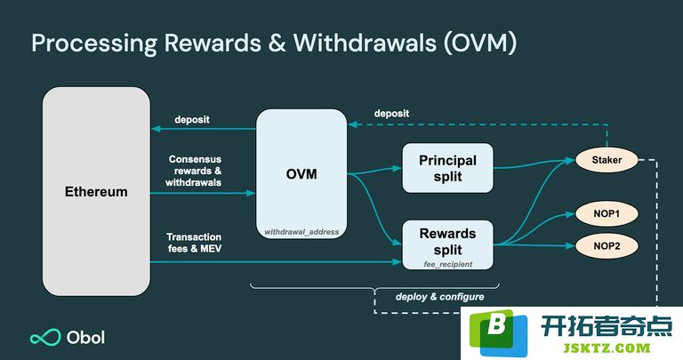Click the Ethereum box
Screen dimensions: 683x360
pyautogui.click(x=96, y=191)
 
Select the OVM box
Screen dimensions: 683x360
pyautogui.click(x=301, y=173)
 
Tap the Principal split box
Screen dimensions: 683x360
pyautogui.click(x=448, y=168)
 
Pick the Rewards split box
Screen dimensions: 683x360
pyautogui.click(x=448, y=244)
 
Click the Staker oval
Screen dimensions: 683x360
pyautogui.click(x=607, y=160)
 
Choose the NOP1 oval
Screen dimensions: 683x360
pyautogui.click(x=607, y=213)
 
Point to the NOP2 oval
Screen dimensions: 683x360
pyautogui.click(x=607, y=246)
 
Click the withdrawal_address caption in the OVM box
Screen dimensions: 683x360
pyautogui.click(x=301, y=232)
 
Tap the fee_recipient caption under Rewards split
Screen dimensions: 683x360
pyautogui.click(x=448, y=264)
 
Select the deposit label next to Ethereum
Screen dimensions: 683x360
pyautogui.click(x=192, y=120)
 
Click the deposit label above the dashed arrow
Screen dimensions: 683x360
pyautogui.click(x=391, y=114)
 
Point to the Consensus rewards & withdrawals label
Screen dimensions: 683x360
pyautogui.click(x=193, y=171)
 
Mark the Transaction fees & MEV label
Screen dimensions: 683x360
pyautogui.click(x=194, y=243)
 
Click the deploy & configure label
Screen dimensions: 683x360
pyautogui.click(x=440, y=297)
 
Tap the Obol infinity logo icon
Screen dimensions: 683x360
pyautogui.click(x=45, y=338)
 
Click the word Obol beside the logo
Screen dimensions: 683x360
pyautogui.click(x=85, y=338)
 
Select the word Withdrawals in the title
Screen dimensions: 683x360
pyautogui.click(x=365, y=43)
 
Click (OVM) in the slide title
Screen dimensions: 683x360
pyautogui.click(x=480, y=43)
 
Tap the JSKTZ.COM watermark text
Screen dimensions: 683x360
pyautogui.click(x=607, y=348)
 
